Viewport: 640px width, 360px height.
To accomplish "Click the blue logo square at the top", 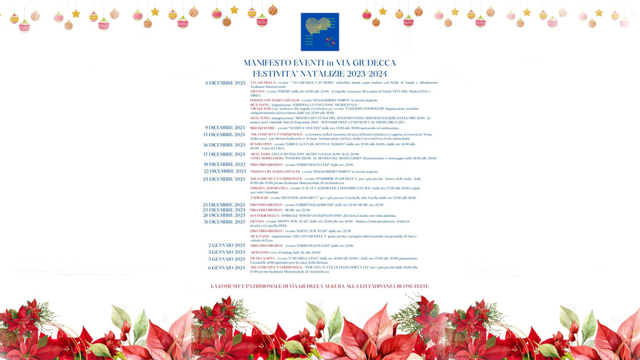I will click(319, 31).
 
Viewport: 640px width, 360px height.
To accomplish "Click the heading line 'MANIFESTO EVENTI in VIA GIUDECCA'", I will click(319, 63).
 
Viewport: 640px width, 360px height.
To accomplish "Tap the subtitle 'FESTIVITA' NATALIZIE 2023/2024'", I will click(319, 73).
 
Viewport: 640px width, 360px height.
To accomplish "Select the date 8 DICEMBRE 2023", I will click(225, 82).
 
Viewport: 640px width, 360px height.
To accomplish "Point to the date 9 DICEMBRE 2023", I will click(225, 127).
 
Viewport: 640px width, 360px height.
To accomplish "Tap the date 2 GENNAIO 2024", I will click(226, 246).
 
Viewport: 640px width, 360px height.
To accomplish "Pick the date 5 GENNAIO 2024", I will click(226, 259).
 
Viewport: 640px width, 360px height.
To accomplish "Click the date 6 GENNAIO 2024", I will click(226, 267).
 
